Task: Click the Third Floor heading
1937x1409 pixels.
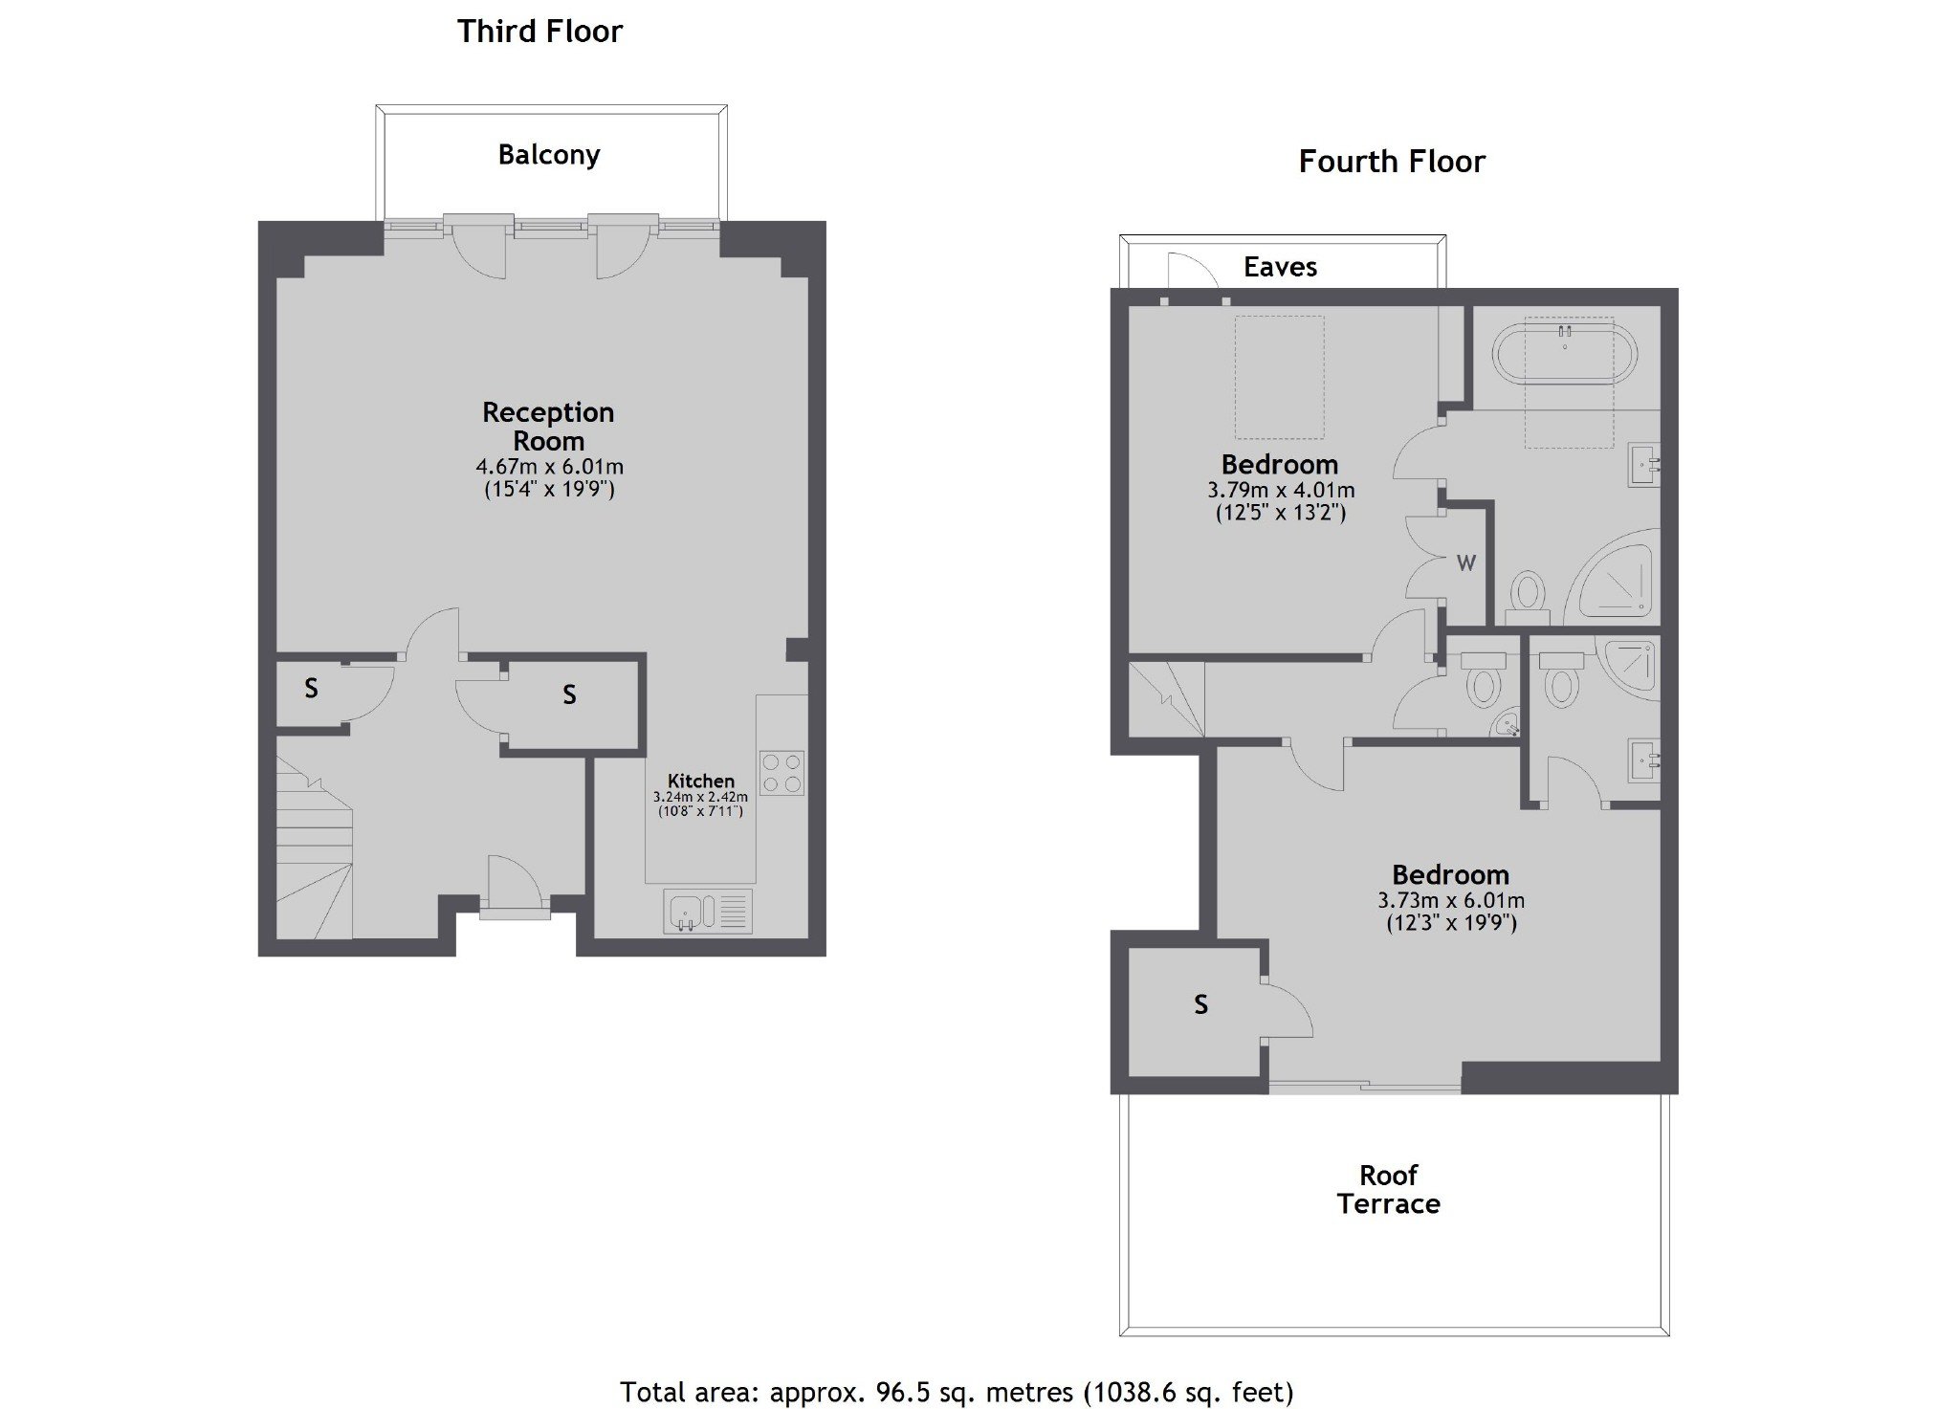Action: pyautogui.click(x=539, y=32)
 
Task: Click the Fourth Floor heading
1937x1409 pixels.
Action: pyautogui.click(x=1392, y=162)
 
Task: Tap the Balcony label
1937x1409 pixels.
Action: pyautogui.click(x=549, y=155)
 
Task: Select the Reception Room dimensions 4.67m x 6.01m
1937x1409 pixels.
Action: pyautogui.click(x=550, y=467)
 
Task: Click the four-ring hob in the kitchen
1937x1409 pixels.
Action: pyautogui.click(x=781, y=773)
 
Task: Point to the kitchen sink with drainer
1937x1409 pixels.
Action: pyautogui.click(x=708, y=912)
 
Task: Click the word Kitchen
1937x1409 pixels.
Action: pyautogui.click(x=701, y=781)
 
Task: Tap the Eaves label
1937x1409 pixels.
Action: pyautogui.click(x=1280, y=267)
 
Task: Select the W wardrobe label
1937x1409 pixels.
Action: pyautogui.click(x=1466, y=563)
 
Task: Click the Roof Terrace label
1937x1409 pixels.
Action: pyautogui.click(x=1389, y=1189)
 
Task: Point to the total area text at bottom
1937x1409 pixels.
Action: pyautogui.click(x=957, y=1392)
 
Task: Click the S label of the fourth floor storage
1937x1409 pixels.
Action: pyautogui.click(x=1201, y=1004)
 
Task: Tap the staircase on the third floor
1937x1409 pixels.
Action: pyautogui.click(x=315, y=847)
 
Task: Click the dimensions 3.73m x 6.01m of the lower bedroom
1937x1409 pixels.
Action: pyautogui.click(x=1451, y=900)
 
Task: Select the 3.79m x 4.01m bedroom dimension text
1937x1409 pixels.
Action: pyautogui.click(x=1281, y=491)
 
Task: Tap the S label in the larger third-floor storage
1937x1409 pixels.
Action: pyautogui.click(x=569, y=695)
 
